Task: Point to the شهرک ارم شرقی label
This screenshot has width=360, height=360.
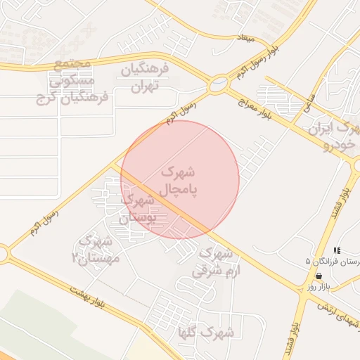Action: pos(218,261)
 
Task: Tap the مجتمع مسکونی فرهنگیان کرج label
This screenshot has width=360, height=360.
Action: pos(73,81)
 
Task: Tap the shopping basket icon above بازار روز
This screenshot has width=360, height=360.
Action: pos(319,276)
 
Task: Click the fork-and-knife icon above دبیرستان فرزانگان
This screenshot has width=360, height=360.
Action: pos(337,250)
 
